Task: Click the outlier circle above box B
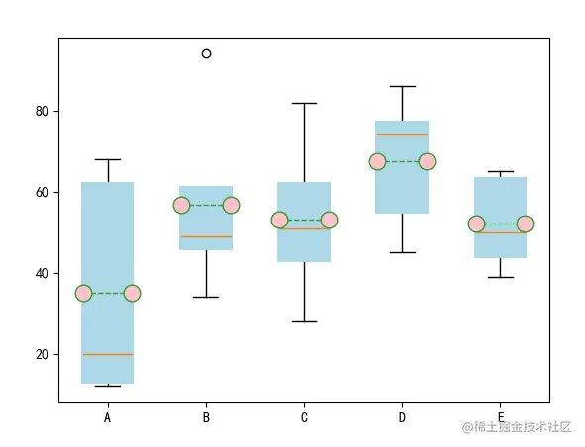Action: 206,54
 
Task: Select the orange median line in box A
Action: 108,355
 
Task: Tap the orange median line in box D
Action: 402,134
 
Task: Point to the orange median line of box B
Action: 206,236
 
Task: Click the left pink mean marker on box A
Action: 83,294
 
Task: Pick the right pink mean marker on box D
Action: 428,162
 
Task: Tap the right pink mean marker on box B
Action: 232,205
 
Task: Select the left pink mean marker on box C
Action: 279,220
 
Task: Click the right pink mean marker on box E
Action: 525,223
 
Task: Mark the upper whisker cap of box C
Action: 305,103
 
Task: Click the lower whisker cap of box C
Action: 305,321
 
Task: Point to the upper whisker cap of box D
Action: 403,86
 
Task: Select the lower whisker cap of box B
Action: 206,297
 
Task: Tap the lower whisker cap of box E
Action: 501,277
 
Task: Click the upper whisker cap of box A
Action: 108,159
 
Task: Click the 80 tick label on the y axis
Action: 42,111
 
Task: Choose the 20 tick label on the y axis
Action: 42,355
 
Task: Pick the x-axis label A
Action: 108,418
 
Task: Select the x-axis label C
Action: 304,418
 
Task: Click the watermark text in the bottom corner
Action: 517,427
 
